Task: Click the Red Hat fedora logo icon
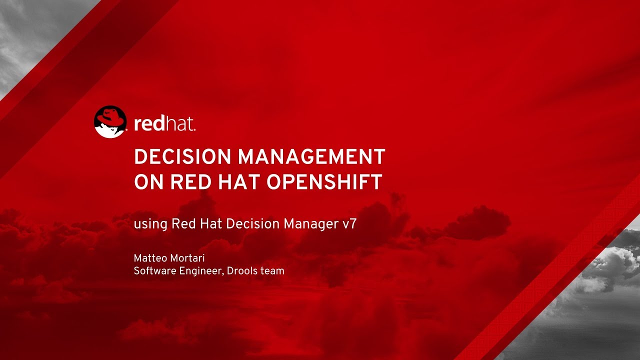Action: coord(110,122)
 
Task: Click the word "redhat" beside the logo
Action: coord(164,123)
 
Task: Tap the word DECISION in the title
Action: coord(183,157)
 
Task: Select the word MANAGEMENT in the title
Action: coord(311,157)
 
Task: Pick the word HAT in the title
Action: coord(239,182)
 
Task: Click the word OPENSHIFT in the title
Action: coord(324,182)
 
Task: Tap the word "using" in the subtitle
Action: coord(150,224)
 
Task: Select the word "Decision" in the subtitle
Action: coord(253,223)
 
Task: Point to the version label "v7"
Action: coord(349,224)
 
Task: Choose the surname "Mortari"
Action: coord(187,258)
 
